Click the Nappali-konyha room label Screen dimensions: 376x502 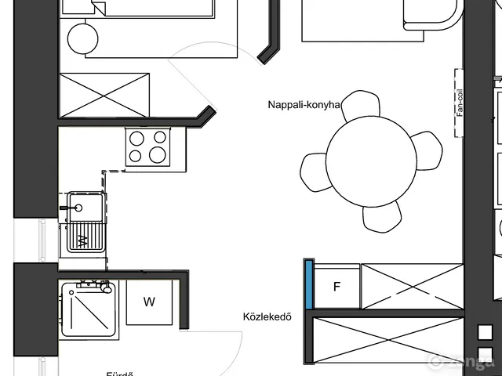pos(304,104)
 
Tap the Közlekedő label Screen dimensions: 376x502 pos(267,317)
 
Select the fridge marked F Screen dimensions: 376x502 pos(337,287)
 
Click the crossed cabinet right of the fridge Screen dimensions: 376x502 pos(413,286)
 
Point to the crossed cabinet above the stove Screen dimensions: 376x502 pos(104,94)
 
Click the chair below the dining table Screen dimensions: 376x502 pos(382,218)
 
